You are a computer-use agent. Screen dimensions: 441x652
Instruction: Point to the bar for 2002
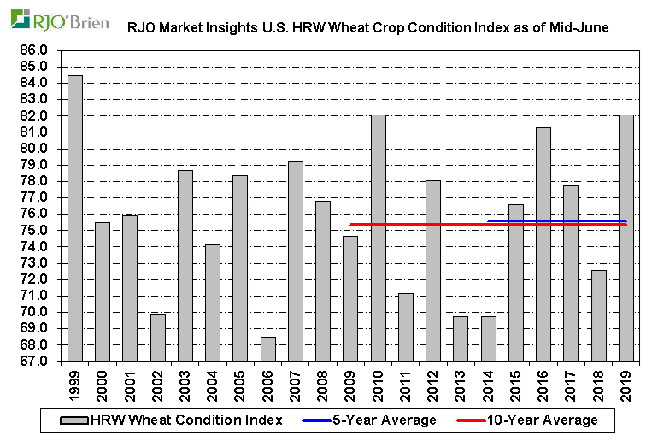[x=158, y=337]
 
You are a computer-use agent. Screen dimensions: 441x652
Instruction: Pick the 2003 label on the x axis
[x=185, y=383]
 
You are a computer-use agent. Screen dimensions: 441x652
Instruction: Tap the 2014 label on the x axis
[x=489, y=383]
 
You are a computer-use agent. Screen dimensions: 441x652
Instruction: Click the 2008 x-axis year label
[x=323, y=383]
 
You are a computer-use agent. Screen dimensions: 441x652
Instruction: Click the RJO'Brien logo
[x=59, y=20]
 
